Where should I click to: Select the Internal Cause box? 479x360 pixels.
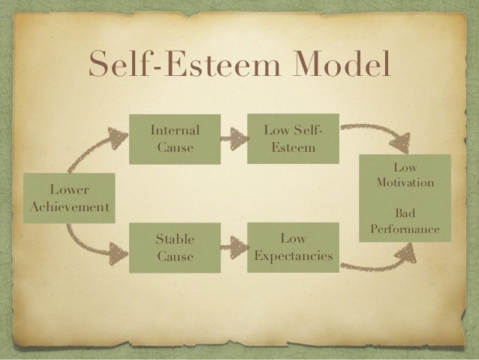click(175, 138)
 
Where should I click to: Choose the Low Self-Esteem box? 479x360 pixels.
click(294, 138)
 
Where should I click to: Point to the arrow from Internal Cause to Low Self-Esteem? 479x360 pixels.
click(234, 138)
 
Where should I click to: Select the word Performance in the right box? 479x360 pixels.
click(405, 228)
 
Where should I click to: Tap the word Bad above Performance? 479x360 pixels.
click(405, 213)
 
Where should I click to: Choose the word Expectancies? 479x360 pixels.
click(293, 257)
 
